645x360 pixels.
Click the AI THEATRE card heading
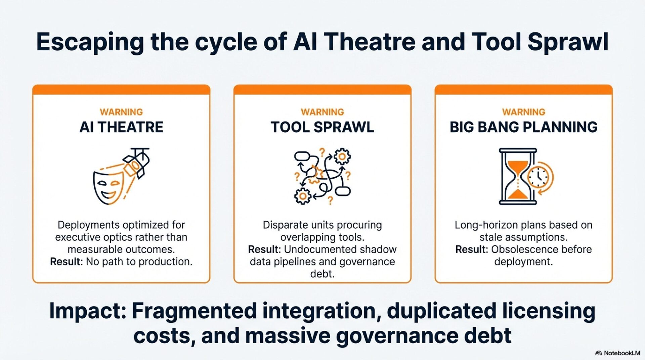tap(121, 127)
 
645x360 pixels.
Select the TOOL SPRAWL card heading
tap(322, 127)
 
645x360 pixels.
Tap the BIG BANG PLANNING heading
tap(523, 127)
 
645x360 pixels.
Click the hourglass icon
tap(517, 177)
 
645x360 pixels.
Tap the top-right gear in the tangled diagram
tap(342, 156)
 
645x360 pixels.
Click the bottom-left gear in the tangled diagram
tap(303, 196)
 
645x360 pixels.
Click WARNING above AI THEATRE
tap(121, 112)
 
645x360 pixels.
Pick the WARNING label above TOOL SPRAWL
tap(322, 112)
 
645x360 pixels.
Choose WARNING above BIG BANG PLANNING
tap(523, 112)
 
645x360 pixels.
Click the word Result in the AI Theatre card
tap(66, 262)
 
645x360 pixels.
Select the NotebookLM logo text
tap(622, 353)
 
